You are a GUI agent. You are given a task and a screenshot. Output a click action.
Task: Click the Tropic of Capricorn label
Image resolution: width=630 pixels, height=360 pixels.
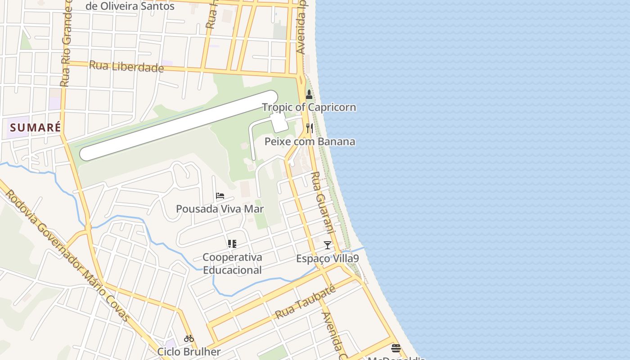309,107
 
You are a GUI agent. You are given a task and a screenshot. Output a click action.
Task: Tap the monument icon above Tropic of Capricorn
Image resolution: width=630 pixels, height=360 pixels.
309,94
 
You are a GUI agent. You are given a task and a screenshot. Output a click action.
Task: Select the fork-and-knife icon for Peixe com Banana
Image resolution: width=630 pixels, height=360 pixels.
309,128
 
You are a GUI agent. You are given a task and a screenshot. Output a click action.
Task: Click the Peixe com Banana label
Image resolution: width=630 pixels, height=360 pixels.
310,141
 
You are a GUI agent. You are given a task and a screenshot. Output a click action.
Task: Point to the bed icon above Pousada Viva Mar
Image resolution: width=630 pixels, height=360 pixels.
220,196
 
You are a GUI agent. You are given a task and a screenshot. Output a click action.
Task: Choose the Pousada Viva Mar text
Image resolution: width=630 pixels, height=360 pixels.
220,209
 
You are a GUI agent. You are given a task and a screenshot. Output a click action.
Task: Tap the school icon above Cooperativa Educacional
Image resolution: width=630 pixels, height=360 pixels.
232,244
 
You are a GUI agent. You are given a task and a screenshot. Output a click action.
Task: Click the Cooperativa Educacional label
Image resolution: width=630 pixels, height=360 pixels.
232,264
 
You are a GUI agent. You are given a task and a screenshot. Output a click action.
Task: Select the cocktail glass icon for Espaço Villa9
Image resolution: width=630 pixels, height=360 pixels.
328,245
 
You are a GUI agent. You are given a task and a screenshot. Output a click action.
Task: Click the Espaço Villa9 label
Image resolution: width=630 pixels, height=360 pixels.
328,259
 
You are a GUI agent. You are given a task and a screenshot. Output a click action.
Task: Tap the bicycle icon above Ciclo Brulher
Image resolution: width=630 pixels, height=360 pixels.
189,338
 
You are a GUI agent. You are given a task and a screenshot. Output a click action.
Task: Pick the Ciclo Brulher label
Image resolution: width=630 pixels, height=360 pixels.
189,351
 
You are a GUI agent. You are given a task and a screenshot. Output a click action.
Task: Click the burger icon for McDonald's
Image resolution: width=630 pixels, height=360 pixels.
396,348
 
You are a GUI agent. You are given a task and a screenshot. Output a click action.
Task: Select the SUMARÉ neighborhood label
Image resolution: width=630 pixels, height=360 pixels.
35,127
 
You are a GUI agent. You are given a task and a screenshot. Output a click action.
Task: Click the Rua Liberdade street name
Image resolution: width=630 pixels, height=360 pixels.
126,67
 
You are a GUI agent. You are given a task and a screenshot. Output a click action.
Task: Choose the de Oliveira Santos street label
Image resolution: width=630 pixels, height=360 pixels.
130,6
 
